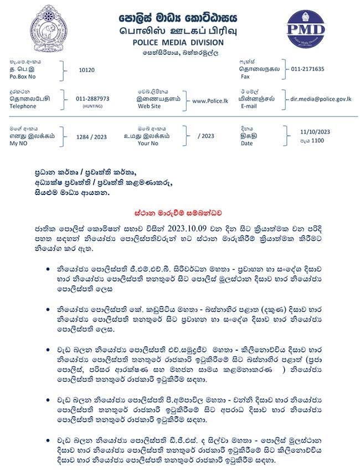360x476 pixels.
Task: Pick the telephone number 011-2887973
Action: coord(92,99)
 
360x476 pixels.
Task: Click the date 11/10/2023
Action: coord(315,132)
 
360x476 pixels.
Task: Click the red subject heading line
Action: coord(181,212)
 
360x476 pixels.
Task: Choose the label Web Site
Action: coord(151,106)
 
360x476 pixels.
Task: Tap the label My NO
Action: coord(19,143)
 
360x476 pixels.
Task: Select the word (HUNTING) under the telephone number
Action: coord(92,106)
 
